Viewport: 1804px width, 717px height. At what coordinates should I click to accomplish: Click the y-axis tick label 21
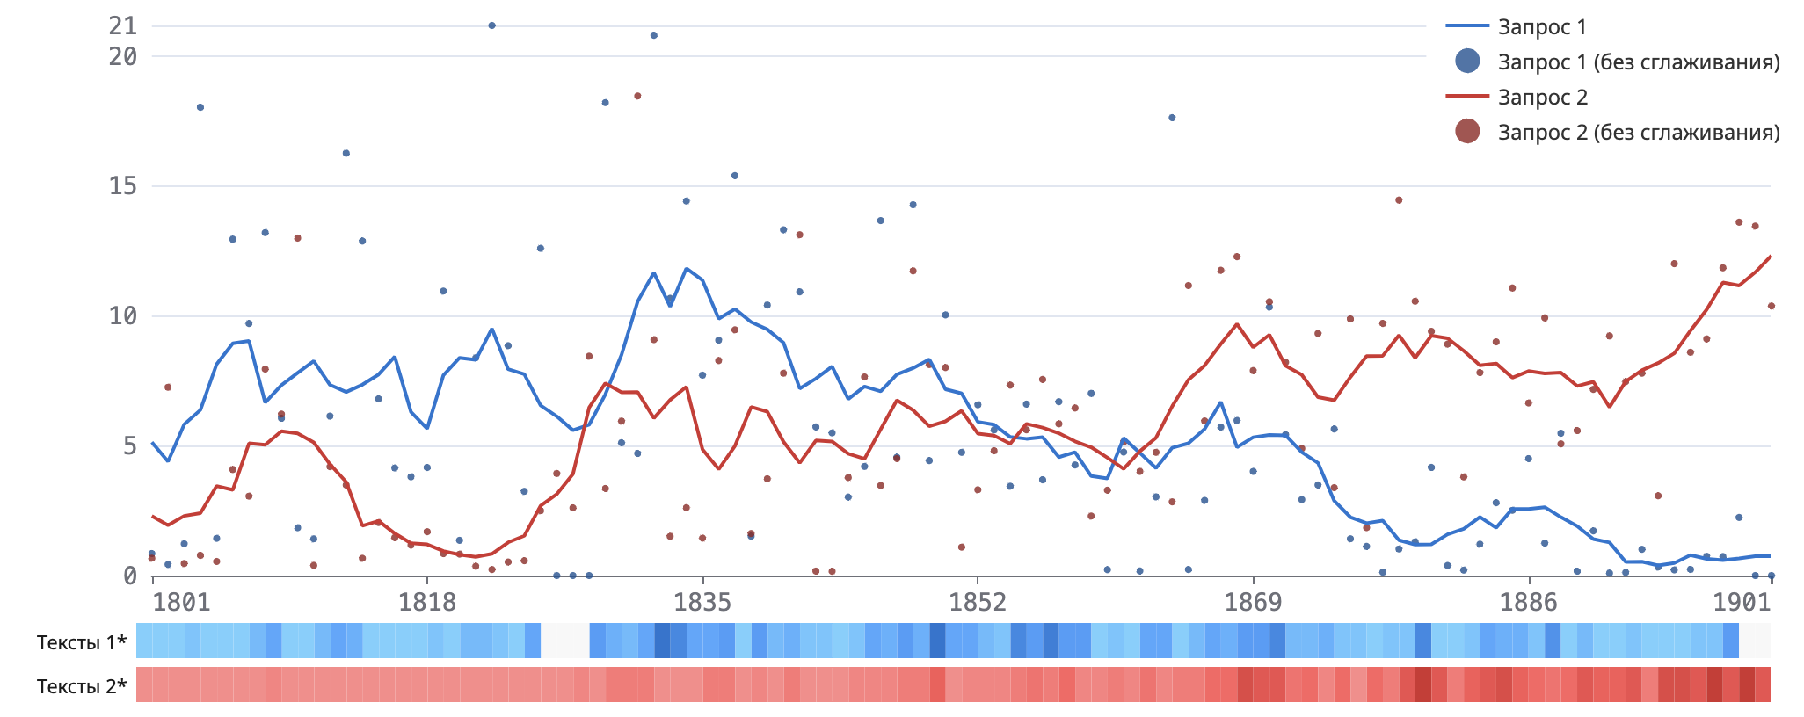pyautogui.click(x=123, y=26)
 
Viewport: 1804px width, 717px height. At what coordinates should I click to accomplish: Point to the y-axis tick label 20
pyautogui.click(x=123, y=57)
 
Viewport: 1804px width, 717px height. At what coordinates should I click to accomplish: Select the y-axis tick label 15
pyautogui.click(x=123, y=186)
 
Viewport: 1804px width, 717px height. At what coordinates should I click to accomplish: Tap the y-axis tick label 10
pyautogui.click(x=123, y=316)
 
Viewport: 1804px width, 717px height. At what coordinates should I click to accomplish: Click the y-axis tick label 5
pyautogui.click(x=130, y=446)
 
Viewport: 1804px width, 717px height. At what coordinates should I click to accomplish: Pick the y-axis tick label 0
pyautogui.click(x=130, y=576)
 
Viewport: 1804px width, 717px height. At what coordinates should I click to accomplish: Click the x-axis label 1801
pyautogui.click(x=181, y=603)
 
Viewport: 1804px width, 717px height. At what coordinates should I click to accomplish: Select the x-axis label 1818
pyautogui.click(x=427, y=603)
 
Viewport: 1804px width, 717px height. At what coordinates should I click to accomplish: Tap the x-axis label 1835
pyautogui.click(x=702, y=603)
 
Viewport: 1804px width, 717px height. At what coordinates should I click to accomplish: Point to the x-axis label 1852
pyautogui.click(x=978, y=603)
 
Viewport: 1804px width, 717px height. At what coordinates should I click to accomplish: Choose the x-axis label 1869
pyautogui.click(x=1253, y=603)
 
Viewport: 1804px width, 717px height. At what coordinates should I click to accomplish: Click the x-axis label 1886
pyautogui.click(x=1528, y=603)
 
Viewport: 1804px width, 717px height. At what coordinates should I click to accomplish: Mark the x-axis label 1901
pyautogui.click(x=1742, y=603)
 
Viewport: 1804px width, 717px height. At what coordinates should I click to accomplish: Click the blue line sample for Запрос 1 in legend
pyautogui.click(x=1467, y=26)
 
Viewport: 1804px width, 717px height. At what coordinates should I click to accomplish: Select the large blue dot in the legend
pyautogui.click(x=1467, y=62)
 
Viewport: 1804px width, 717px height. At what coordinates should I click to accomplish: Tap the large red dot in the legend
pyautogui.click(x=1467, y=132)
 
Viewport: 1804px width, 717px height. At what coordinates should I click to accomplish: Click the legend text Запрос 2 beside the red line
pyautogui.click(x=1543, y=98)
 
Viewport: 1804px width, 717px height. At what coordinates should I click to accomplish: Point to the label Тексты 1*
pyautogui.click(x=82, y=642)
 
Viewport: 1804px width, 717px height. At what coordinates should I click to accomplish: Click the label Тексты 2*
pyautogui.click(x=82, y=686)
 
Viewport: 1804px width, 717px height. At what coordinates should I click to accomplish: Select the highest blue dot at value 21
pyautogui.click(x=491, y=25)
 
